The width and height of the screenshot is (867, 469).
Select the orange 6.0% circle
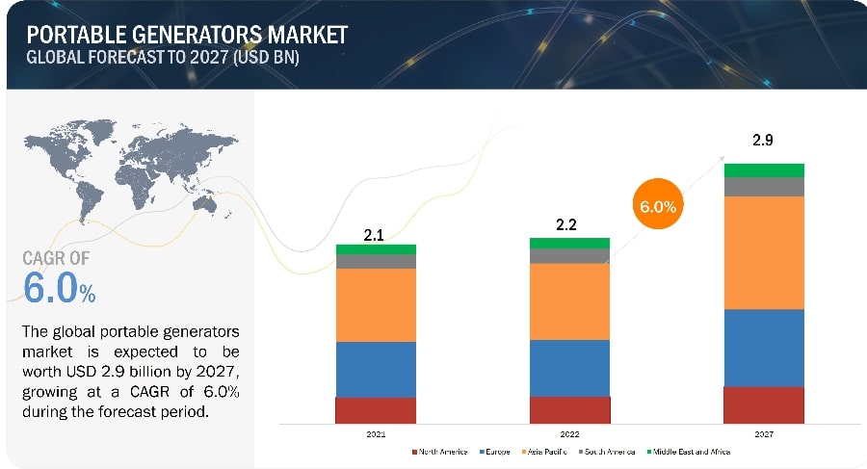click(x=657, y=206)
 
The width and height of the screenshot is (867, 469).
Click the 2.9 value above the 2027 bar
click(x=762, y=141)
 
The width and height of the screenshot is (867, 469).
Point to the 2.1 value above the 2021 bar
click(x=375, y=234)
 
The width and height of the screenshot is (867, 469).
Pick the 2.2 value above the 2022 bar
click(x=569, y=226)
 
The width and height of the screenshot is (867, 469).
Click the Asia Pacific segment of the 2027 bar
click(x=764, y=252)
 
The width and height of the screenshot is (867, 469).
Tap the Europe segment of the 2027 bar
click(x=764, y=348)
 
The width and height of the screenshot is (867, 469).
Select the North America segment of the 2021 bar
click(x=376, y=410)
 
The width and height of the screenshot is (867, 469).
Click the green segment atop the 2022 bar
click(x=569, y=243)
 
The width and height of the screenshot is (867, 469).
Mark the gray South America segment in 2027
click(x=764, y=187)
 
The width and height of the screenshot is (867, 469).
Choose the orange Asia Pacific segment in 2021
click(x=376, y=304)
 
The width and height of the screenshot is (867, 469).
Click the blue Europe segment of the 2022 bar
click(x=569, y=368)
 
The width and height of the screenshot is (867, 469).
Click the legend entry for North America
click(x=442, y=451)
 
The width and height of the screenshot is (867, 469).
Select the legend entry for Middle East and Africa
click(x=688, y=451)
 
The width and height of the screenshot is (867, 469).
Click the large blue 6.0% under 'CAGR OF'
click(x=58, y=288)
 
